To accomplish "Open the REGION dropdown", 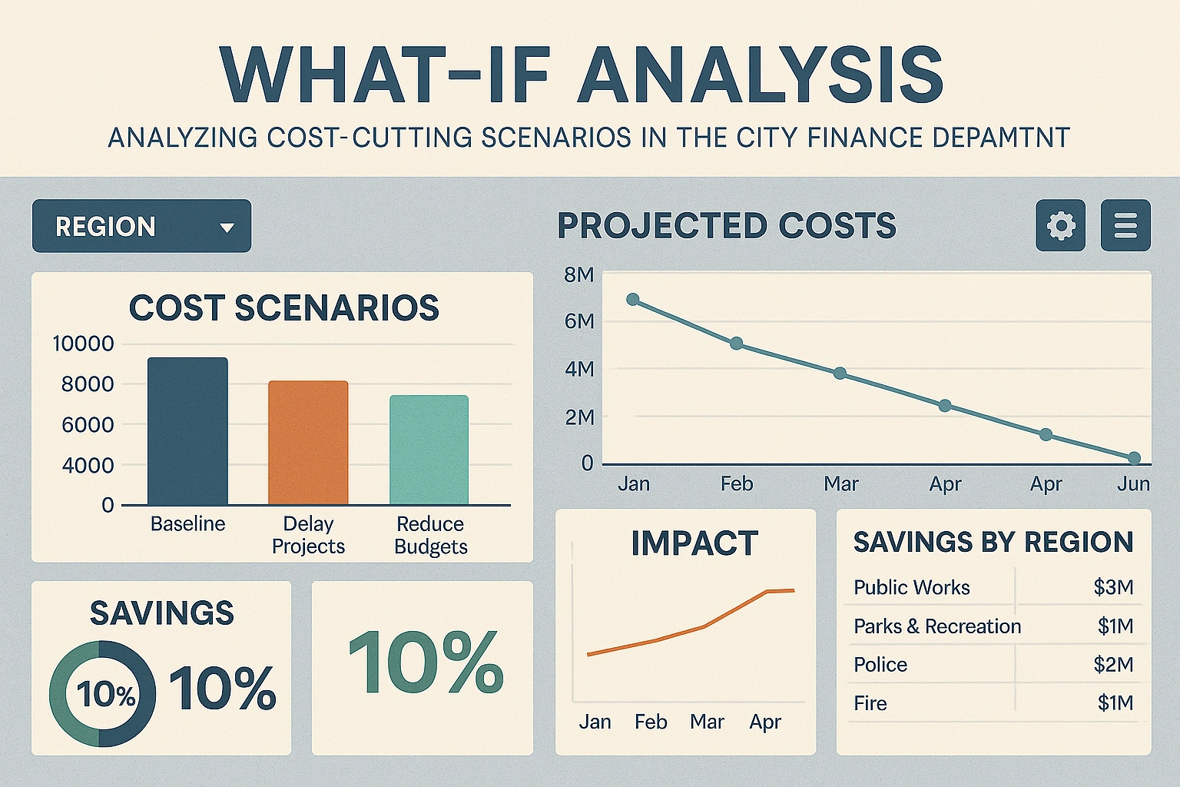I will coord(141,226).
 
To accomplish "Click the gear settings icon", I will coord(1060,226).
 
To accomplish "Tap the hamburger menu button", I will coord(1125,226).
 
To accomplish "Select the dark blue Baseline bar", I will coord(187,430).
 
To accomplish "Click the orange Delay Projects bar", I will coord(308,443).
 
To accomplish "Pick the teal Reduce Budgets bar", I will coord(429,450).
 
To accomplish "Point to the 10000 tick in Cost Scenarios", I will coord(83,344).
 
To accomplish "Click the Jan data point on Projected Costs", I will coord(633,300).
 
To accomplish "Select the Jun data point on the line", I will coord(1134,458).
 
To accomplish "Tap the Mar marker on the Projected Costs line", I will coord(840,374).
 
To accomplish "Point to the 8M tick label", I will coord(578,275).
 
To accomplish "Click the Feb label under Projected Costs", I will coord(736,484).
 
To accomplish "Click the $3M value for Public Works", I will coord(1113,587).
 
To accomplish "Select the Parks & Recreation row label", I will coord(937,626).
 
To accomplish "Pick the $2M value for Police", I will coord(1113,665).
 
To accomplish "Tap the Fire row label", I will coord(870,703).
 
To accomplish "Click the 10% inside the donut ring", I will coord(106,695).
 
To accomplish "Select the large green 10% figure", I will coord(426,662).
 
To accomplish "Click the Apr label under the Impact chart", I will coord(765,722).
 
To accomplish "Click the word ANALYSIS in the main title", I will coord(761,75).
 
